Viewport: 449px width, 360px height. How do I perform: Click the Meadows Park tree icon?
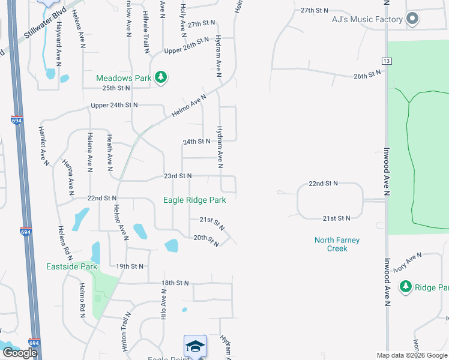coord(160,77)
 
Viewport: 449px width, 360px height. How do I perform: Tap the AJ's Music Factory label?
coord(367,20)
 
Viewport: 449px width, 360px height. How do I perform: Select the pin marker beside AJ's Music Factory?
coord(412,19)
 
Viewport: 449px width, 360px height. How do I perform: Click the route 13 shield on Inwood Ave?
coord(386,61)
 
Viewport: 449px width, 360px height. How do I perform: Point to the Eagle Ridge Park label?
coord(194,200)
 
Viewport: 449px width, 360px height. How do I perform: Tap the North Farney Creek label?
coord(337,244)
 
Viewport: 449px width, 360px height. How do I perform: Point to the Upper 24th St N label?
coord(114,105)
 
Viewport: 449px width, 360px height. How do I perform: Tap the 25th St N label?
coord(116,88)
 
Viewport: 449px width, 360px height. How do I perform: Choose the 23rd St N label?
coord(177,176)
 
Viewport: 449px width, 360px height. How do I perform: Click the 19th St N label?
coord(130,266)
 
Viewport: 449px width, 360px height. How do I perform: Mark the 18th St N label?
coord(175,283)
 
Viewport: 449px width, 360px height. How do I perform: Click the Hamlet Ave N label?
coord(43,146)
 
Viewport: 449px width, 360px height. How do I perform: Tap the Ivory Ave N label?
coord(408,262)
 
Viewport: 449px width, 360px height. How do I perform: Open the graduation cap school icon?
coord(195,346)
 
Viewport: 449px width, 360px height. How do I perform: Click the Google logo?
coord(20,353)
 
